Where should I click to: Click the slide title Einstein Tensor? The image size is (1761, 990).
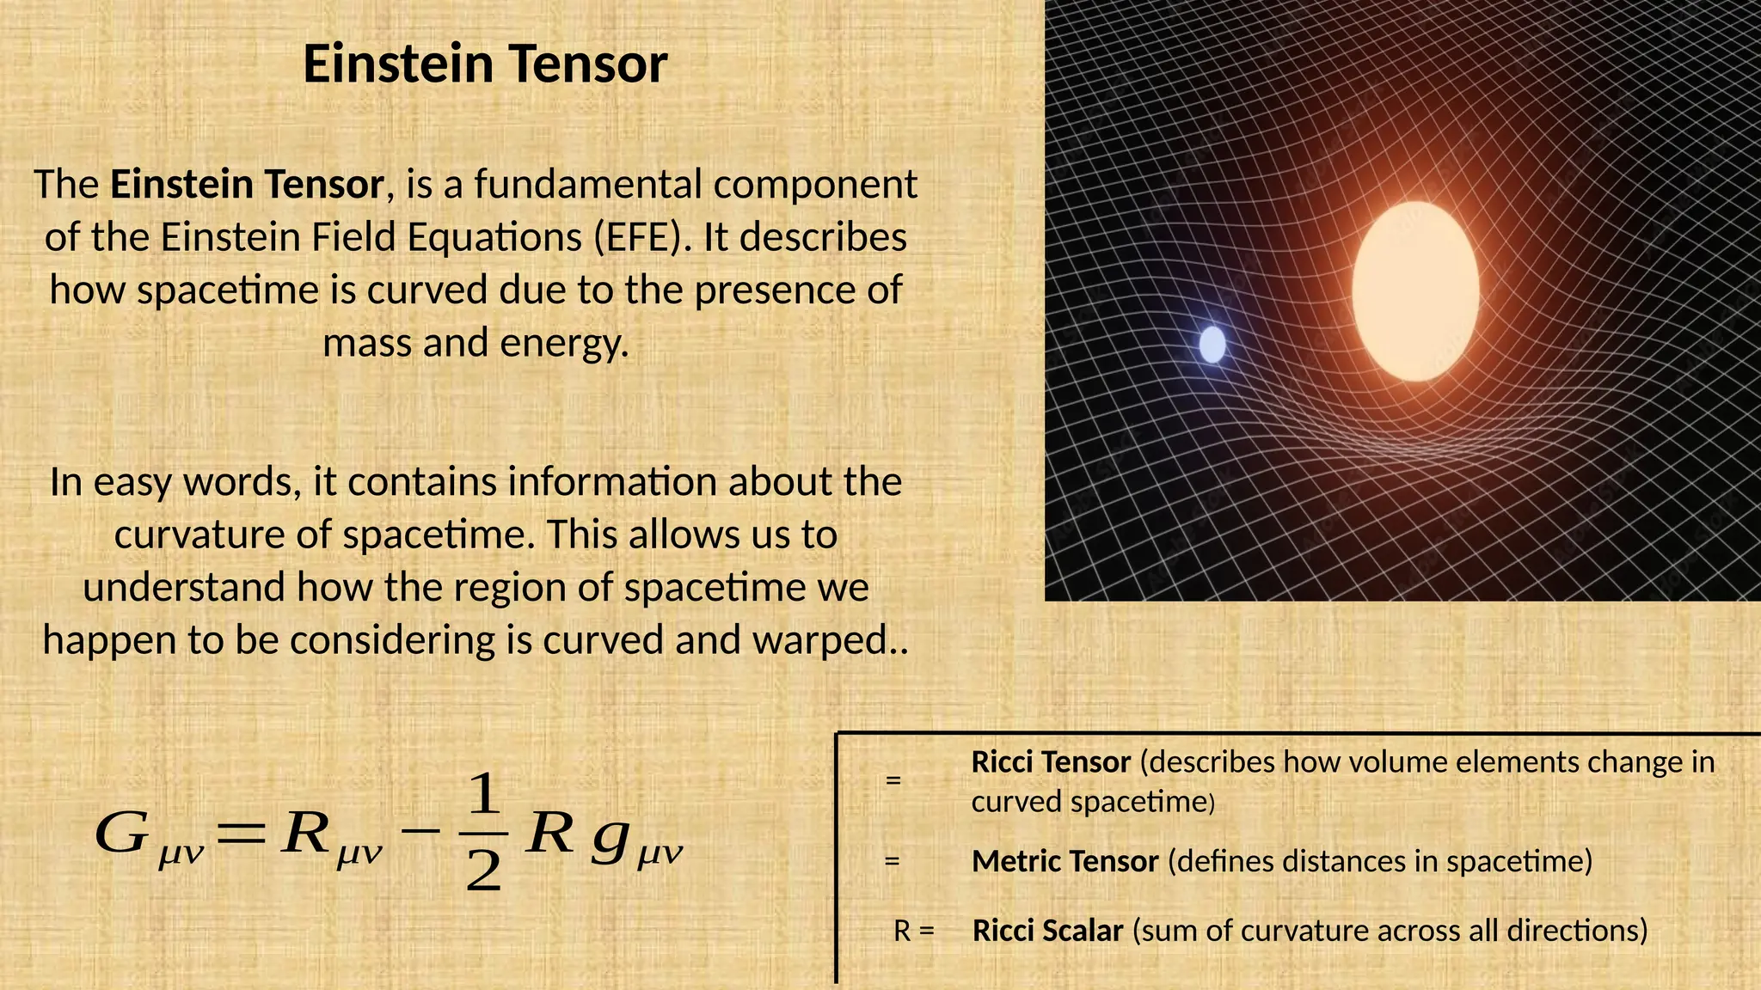tap(485, 64)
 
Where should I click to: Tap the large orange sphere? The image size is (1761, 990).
tap(1415, 291)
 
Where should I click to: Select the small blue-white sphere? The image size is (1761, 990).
tap(1212, 345)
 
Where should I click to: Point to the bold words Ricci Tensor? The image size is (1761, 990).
tap(1051, 762)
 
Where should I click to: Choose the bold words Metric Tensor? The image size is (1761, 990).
tap(1065, 861)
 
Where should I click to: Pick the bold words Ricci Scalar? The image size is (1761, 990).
tap(1047, 931)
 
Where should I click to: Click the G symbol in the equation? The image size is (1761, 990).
tap(121, 833)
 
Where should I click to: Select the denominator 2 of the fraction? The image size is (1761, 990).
tap(483, 872)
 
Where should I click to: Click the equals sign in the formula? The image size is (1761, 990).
tap(242, 833)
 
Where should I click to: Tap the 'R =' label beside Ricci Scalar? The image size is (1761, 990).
tap(913, 931)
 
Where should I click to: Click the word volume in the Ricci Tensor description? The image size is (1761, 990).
tap(1388, 762)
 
